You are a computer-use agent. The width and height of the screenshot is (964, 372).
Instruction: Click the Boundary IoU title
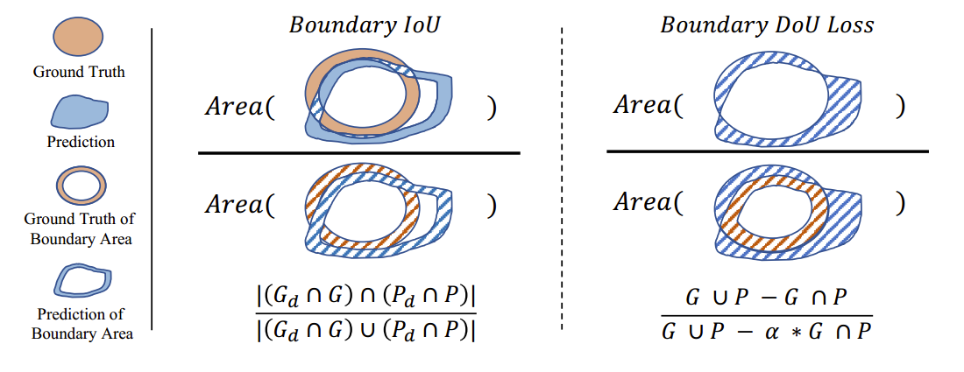[x=365, y=25]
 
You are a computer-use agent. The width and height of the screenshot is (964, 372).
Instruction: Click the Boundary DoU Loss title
[x=767, y=25]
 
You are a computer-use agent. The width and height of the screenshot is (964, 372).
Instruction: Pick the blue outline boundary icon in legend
[x=80, y=280]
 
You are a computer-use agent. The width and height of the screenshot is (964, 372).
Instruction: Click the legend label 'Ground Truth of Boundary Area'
[x=80, y=228]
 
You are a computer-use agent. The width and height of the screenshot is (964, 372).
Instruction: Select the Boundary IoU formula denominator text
[x=366, y=331]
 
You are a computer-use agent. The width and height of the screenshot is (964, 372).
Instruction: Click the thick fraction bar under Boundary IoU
[x=359, y=153]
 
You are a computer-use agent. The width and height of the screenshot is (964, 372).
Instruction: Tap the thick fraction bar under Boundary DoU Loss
[x=767, y=151]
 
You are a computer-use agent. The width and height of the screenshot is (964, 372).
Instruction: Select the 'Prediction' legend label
[x=80, y=141]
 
